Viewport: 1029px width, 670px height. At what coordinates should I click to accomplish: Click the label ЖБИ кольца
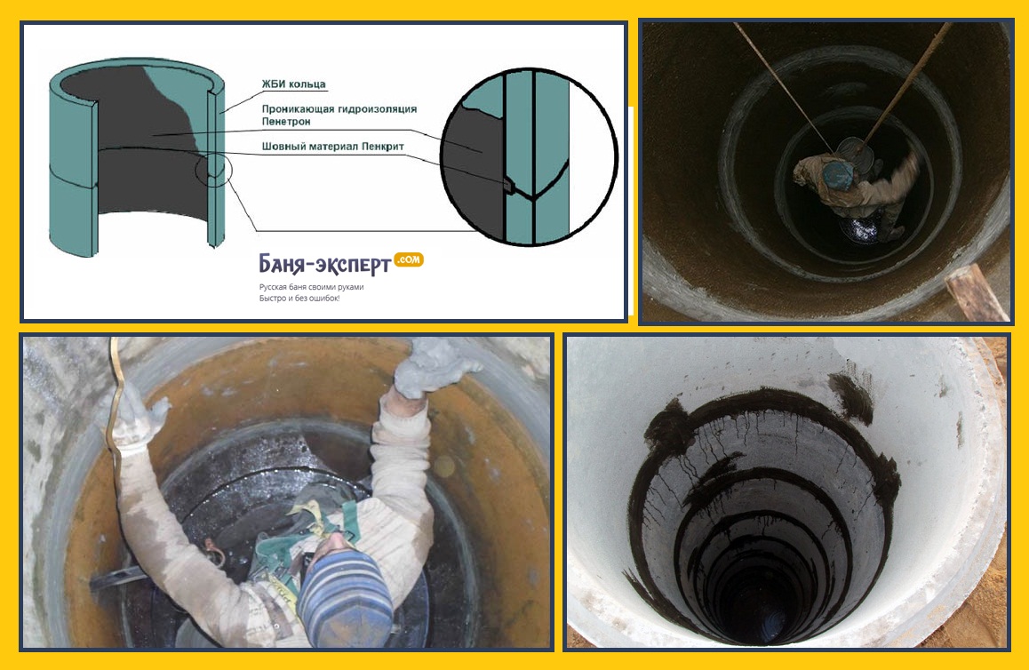pos(293,84)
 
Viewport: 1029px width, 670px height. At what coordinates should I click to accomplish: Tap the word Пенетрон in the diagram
pos(286,122)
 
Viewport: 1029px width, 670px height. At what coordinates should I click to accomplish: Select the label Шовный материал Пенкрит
pos(332,147)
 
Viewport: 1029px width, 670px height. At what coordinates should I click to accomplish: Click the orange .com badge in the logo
pos(408,259)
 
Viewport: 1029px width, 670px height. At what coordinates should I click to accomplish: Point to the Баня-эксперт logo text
pos(325,264)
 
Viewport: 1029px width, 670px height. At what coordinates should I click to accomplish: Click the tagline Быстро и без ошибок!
pos(299,299)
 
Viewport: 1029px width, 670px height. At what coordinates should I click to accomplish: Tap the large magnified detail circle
pos(529,156)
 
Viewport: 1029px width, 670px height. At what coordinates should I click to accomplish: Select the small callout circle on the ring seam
pos(214,170)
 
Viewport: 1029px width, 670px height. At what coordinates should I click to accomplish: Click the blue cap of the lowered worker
pos(837,173)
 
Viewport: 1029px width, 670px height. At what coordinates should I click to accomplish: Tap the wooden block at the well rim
pos(976,292)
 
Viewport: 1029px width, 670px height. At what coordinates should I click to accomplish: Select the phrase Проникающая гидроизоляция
pos(339,109)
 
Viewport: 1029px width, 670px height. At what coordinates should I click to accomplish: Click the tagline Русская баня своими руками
pos(311,287)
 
